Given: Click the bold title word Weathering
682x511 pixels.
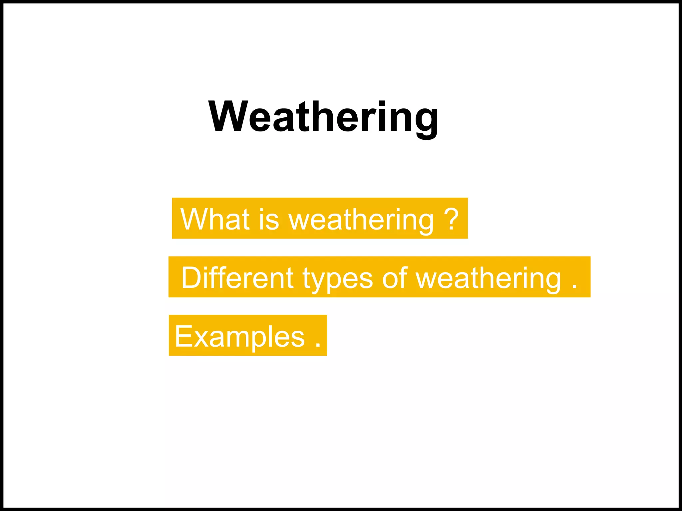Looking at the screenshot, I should click(323, 117).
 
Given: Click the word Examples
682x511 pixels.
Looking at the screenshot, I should click(239, 337).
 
